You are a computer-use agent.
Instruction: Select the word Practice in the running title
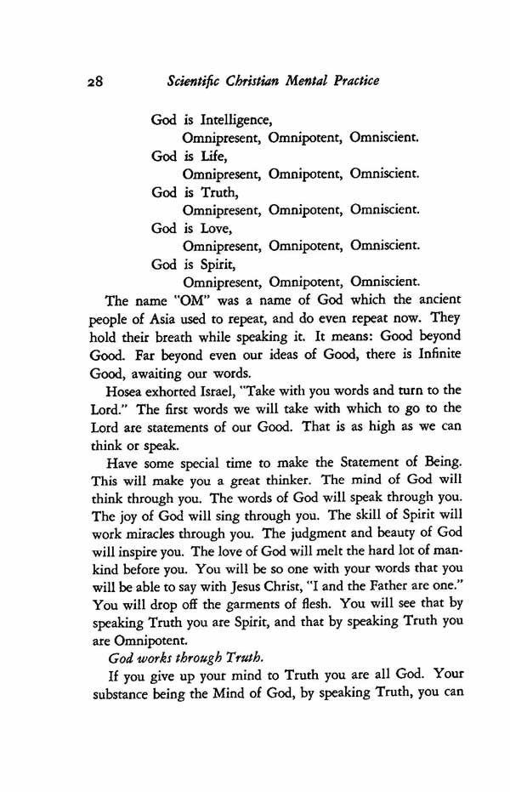[346, 82]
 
